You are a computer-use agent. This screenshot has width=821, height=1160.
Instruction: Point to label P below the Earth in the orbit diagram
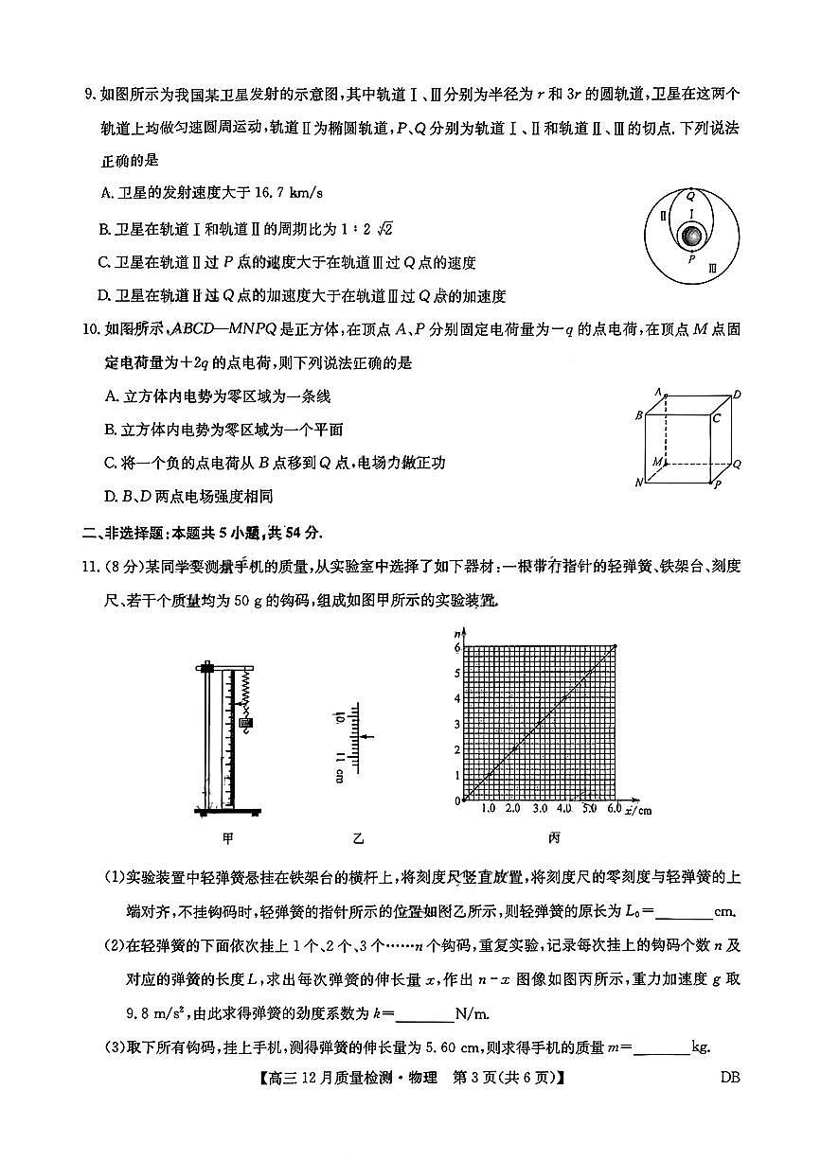tap(692, 257)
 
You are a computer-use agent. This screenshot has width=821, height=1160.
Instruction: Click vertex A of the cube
tap(657, 390)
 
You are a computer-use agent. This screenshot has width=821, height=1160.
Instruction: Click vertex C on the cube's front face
tap(717, 417)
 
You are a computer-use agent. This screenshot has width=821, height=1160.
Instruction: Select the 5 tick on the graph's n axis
tap(456, 673)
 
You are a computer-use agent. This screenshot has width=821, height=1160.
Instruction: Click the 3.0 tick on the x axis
tap(540, 810)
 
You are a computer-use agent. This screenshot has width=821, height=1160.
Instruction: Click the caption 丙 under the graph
tap(554, 837)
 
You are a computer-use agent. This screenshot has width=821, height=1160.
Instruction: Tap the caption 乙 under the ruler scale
tap(358, 837)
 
